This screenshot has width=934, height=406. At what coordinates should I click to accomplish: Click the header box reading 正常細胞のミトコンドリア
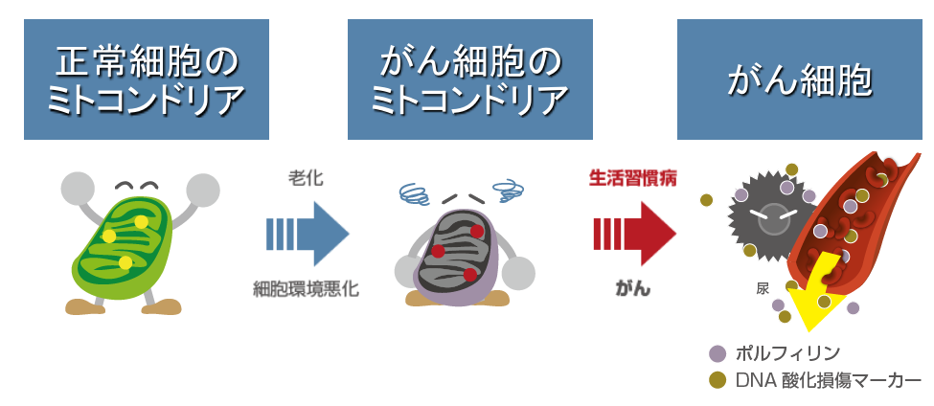[x=146, y=79]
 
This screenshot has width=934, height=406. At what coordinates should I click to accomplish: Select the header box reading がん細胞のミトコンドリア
[x=469, y=79]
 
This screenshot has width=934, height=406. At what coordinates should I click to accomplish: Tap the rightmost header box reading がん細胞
[x=799, y=79]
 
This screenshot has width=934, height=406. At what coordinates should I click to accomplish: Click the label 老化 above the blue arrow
[x=308, y=178]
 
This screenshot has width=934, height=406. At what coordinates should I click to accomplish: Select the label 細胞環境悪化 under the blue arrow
[x=307, y=288]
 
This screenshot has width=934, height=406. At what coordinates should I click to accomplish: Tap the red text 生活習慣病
[x=632, y=178]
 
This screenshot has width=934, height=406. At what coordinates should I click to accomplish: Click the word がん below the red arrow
[x=632, y=288]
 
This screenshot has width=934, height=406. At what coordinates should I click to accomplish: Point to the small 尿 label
[x=763, y=288]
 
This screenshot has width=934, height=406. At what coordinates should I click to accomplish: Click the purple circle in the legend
[x=717, y=353]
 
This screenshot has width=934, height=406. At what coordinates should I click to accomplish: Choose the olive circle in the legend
[x=717, y=380]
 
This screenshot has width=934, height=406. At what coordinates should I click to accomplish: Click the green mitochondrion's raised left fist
[x=78, y=189]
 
